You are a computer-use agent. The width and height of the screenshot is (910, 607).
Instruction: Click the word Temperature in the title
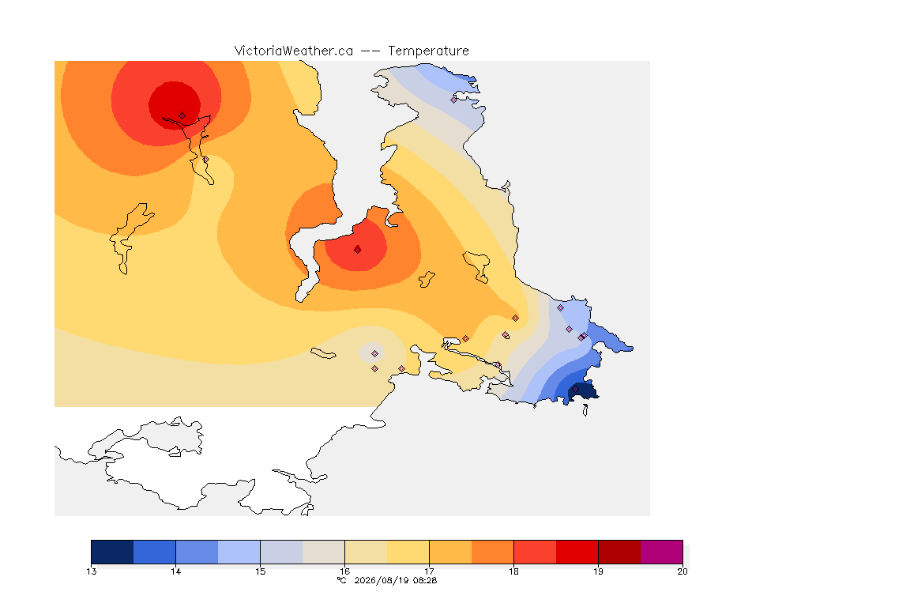(x=428, y=51)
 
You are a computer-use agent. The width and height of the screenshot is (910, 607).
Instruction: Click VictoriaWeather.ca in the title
(x=294, y=51)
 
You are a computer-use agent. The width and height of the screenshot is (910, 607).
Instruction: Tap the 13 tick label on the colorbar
(x=91, y=571)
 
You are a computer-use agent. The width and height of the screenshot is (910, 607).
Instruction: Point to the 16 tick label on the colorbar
(x=344, y=571)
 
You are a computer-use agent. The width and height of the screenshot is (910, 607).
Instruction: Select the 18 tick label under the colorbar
(x=513, y=571)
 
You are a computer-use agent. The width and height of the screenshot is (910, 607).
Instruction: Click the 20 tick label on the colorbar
(x=682, y=571)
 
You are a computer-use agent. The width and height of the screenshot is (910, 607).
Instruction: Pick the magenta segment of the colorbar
(x=662, y=552)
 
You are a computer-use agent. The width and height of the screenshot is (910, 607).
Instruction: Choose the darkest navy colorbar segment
(x=112, y=552)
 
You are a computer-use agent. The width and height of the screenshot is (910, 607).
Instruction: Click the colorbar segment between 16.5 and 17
(x=408, y=552)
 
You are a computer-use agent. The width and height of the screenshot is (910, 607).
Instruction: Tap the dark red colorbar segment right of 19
(x=619, y=552)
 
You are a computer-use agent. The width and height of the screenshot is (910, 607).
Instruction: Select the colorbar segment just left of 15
(x=239, y=552)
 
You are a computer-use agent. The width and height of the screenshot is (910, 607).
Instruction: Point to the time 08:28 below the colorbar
(x=425, y=580)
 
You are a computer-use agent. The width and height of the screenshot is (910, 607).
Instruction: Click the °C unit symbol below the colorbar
(x=342, y=580)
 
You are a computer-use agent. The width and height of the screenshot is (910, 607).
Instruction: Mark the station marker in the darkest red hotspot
(x=182, y=116)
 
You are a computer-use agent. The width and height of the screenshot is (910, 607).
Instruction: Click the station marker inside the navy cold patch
(x=575, y=389)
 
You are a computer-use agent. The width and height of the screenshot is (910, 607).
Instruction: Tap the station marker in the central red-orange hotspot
(x=358, y=250)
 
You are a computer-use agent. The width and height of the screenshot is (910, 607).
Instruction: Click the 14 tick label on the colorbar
(x=176, y=571)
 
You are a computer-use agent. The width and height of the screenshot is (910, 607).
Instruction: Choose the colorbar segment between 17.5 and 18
(x=493, y=552)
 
